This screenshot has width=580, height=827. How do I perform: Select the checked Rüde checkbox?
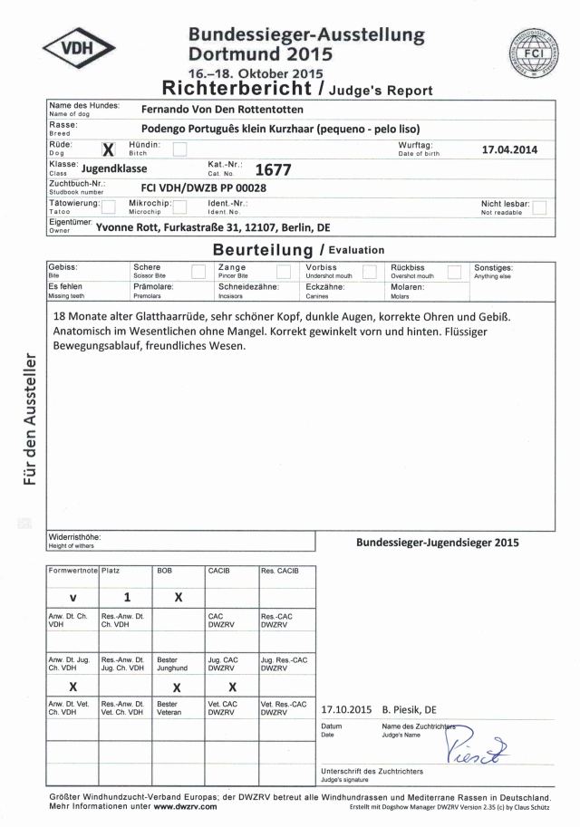tap(110, 149)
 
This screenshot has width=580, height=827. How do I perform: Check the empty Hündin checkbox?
tap(179, 149)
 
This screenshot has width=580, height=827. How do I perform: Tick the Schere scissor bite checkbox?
tap(198, 272)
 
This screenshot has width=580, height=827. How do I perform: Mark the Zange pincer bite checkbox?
tap(283, 272)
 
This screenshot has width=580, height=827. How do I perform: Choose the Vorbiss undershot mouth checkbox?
tap(369, 272)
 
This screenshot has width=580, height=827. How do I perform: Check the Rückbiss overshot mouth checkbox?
tap(454, 272)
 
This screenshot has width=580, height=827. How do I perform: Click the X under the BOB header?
tap(178, 597)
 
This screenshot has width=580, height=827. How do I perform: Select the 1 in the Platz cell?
tap(127, 597)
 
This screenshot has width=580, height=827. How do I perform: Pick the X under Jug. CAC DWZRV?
tap(232, 687)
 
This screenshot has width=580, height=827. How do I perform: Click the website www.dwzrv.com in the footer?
tap(185, 805)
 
